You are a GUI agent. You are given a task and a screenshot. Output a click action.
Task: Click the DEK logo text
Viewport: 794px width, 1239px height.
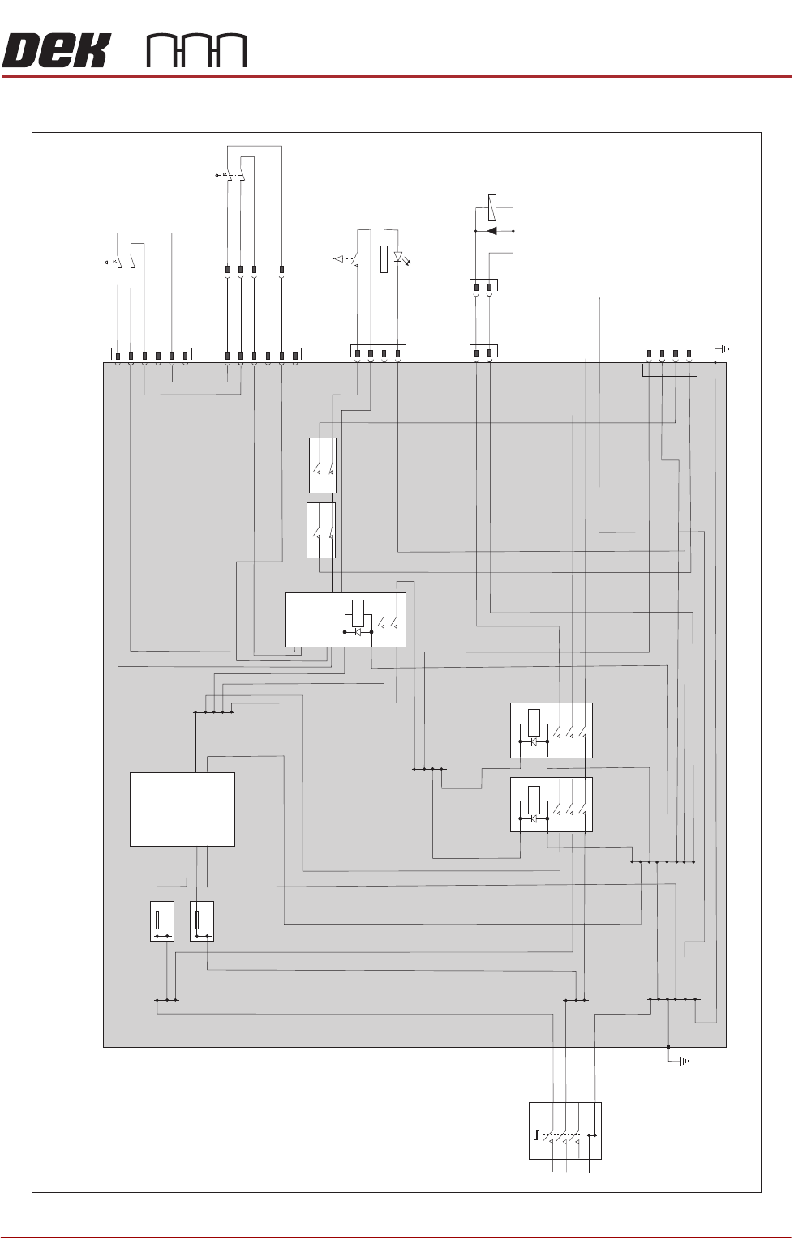coord(55,51)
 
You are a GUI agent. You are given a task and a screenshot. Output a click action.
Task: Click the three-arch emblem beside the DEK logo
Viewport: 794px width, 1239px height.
coord(196,51)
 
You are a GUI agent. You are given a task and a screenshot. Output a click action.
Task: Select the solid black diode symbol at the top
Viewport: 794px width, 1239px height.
coord(491,231)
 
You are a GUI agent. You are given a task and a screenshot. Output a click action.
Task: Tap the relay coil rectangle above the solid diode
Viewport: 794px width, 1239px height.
coord(492,208)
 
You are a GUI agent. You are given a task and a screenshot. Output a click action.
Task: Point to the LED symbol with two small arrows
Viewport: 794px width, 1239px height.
coord(398,258)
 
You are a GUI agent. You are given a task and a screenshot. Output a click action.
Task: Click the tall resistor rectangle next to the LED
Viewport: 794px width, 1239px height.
coord(384,259)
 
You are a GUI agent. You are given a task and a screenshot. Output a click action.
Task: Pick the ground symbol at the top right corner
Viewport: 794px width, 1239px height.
coord(723,349)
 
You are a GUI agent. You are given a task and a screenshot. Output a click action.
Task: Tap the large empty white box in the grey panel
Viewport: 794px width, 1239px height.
coord(182,810)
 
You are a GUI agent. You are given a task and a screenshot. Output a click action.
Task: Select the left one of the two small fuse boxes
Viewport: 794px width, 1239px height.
coord(162,921)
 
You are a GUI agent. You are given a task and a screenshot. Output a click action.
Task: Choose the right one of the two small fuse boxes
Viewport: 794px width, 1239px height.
coord(201,921)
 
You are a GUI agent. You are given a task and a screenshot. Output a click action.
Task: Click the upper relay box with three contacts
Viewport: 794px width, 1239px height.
coord(552,730)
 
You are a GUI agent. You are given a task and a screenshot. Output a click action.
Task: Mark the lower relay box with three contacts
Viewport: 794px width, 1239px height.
coord(552,805)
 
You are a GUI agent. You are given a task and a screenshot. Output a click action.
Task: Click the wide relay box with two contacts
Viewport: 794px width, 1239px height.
coord(345,620)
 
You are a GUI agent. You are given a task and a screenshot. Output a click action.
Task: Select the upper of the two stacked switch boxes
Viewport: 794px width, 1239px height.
coord(323,465)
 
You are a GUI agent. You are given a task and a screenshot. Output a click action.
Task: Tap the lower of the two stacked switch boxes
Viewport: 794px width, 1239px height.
coord(321,530)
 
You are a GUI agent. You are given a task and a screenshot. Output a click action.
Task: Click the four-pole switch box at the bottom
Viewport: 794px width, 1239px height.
coord(565,1130)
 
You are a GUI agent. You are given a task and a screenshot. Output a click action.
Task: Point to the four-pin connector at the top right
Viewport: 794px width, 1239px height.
coord(669,354)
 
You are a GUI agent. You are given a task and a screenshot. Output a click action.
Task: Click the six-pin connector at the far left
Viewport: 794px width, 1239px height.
coord(151,355)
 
